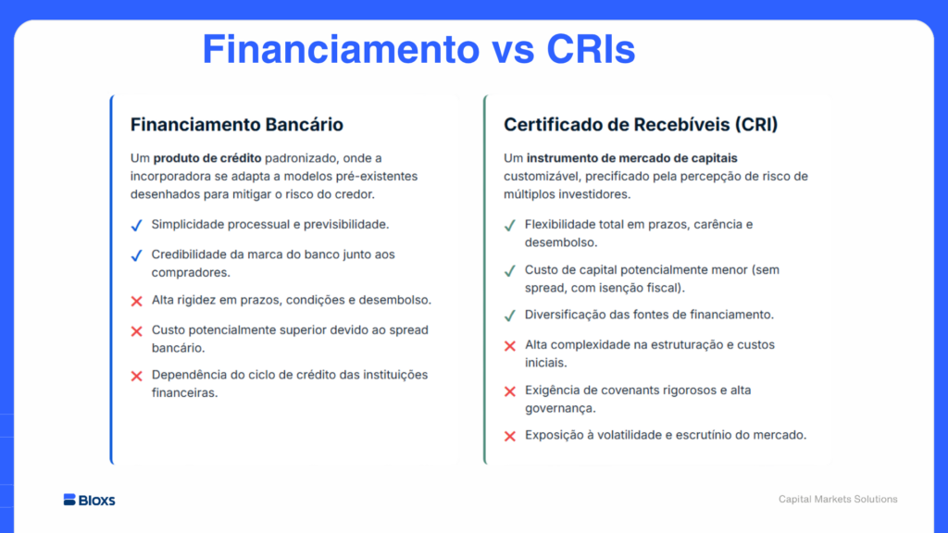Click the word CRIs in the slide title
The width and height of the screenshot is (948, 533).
coord(591,49)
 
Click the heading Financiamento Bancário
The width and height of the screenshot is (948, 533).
coord(237,125)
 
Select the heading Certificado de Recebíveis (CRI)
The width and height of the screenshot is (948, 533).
coord(641,125)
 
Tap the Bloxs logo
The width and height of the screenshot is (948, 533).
coord(89,500)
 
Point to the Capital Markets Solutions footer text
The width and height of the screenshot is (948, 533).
coord(838,499)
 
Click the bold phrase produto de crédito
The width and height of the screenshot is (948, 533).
coord(207,158)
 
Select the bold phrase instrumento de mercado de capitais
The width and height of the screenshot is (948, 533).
coord(631,158)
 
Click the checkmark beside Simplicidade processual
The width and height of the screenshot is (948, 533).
coord(137,226)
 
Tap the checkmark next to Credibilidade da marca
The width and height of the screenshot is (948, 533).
coord(137,255)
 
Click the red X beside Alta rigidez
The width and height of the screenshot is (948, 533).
coord(137,301)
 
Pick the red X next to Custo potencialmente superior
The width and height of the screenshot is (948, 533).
coord(137,331)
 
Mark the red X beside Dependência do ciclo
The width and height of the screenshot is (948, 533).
coord(137,376)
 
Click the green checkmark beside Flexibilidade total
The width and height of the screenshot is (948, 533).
coord(510,226)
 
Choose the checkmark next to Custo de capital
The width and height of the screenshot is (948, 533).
coord(510,271)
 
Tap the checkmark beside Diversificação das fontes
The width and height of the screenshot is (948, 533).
coord(510,316)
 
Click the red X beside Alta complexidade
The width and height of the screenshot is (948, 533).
coord(510,346)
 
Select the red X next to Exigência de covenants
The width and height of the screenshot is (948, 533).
coord(510,391)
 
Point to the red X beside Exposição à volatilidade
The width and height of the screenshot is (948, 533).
coord(510,436)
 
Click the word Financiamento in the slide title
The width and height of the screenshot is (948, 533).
coord(341,49)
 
